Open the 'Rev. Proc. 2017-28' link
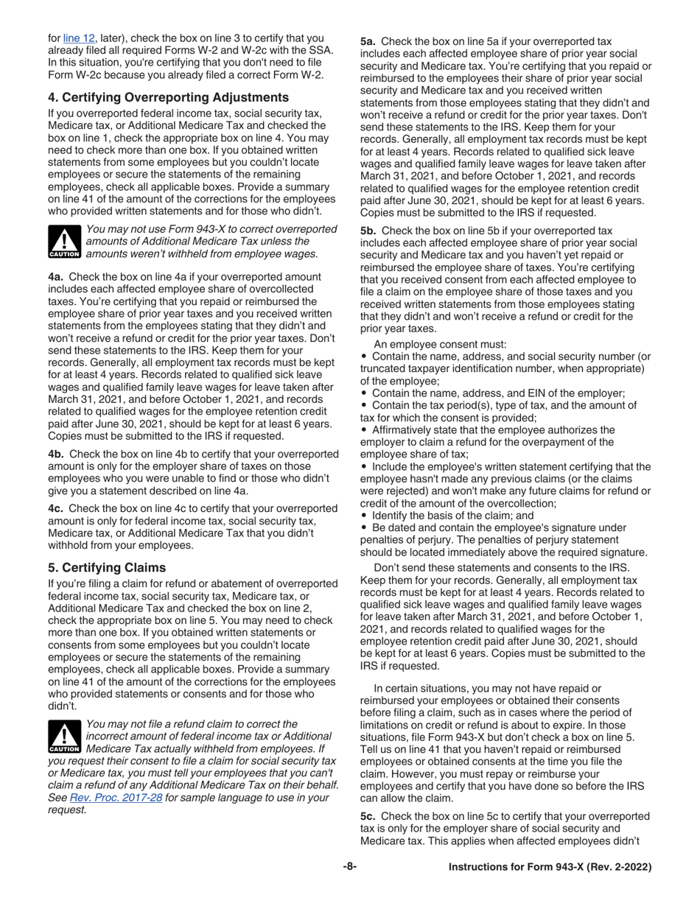(x=116, y=796)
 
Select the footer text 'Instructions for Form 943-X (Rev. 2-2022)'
(x=550, y=868)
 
